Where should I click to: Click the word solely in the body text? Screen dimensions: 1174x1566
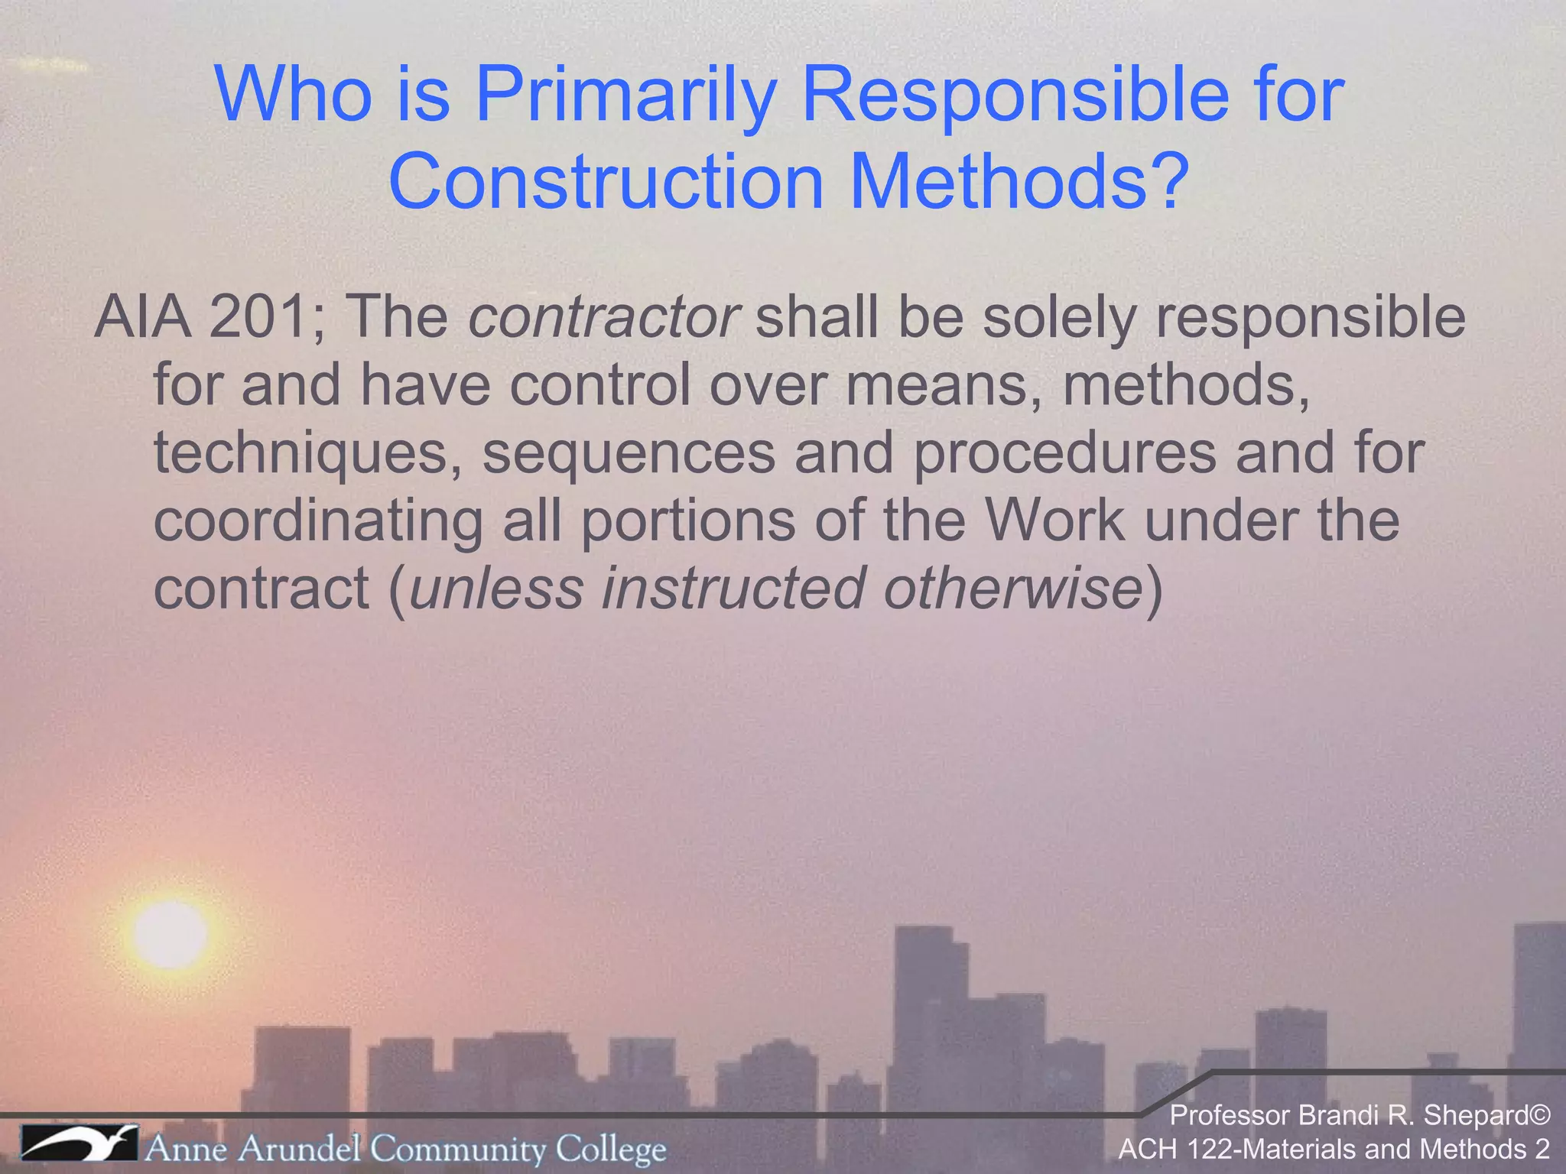(x=1059, y=317)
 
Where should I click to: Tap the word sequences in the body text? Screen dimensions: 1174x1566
(x=629, y=452)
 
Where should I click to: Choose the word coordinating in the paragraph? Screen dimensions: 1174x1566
(x=318, y=520)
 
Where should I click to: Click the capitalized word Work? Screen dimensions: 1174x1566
(x=1054, y=520)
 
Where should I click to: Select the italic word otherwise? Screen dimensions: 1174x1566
(x=1012, y=588)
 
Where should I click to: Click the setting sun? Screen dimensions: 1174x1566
(x=169, y=934)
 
